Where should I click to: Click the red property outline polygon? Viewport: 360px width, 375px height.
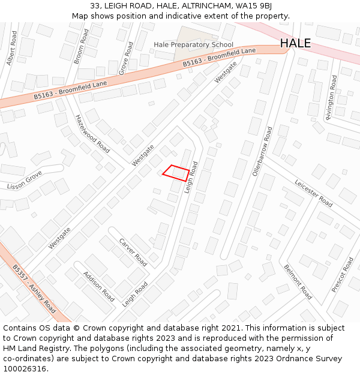click(x=176, y=173)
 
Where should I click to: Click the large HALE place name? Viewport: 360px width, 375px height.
click(x=295, y=43)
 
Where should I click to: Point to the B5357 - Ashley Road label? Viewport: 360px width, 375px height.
click(x=34, y=289)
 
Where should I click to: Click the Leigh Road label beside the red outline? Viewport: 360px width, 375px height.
click(x=191, y=177)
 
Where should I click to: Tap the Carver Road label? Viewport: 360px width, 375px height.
click(x=133, y=252)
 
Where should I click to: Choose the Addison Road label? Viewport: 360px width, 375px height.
click(x=99, y=286)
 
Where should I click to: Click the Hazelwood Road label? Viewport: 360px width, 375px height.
click(x=92, y=133)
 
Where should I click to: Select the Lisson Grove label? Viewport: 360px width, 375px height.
click(x=25, y=181)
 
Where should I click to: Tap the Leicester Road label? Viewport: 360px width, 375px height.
click(x=313, y=193)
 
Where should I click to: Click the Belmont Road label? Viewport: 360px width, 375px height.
click(x=298, y=281)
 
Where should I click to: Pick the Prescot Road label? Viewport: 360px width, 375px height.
click(x=343, y=275)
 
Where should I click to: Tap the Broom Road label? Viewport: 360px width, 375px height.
click(x=81, y=46)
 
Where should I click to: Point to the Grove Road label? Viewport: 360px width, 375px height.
click(x=126, y=58)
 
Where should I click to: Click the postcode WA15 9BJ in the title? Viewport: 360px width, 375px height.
click(x=256, y=5)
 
